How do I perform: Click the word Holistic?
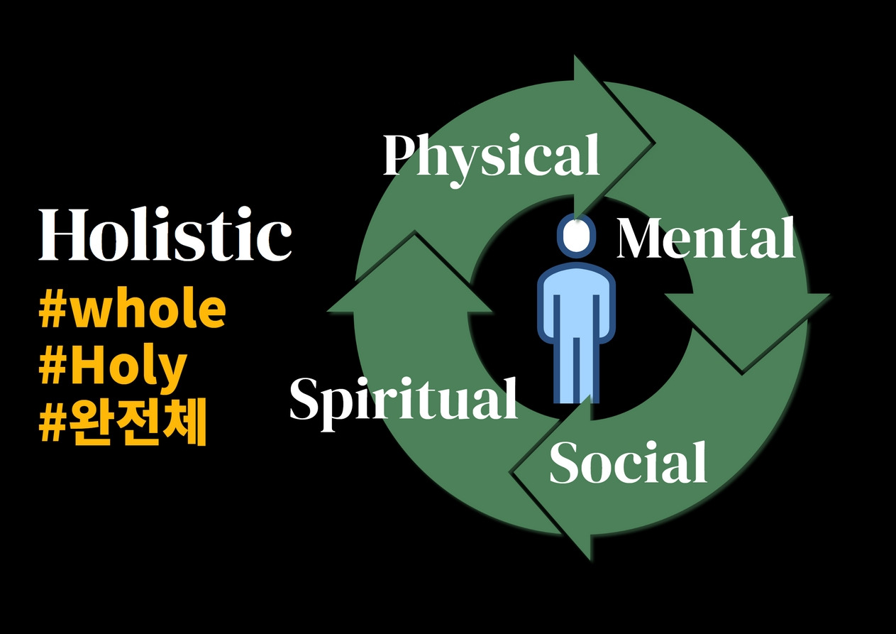pyautogui.click(x=165, y=234)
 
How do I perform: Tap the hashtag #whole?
pyautogui.click(x=133, y=310)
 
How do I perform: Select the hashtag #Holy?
pyautogui.click(x=114, y=367)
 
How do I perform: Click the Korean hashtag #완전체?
pyautogui.click(x=122, y=425)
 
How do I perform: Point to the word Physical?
pyautogui.click(x=491, y=155)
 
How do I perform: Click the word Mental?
pyautogui.click(x=706, y=239)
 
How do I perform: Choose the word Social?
pyautogui.click(x=628, y=463)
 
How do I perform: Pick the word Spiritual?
pyautogui.click(x=403, y=399)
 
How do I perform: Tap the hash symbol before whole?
pyautogui.click(x=53, y=311)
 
